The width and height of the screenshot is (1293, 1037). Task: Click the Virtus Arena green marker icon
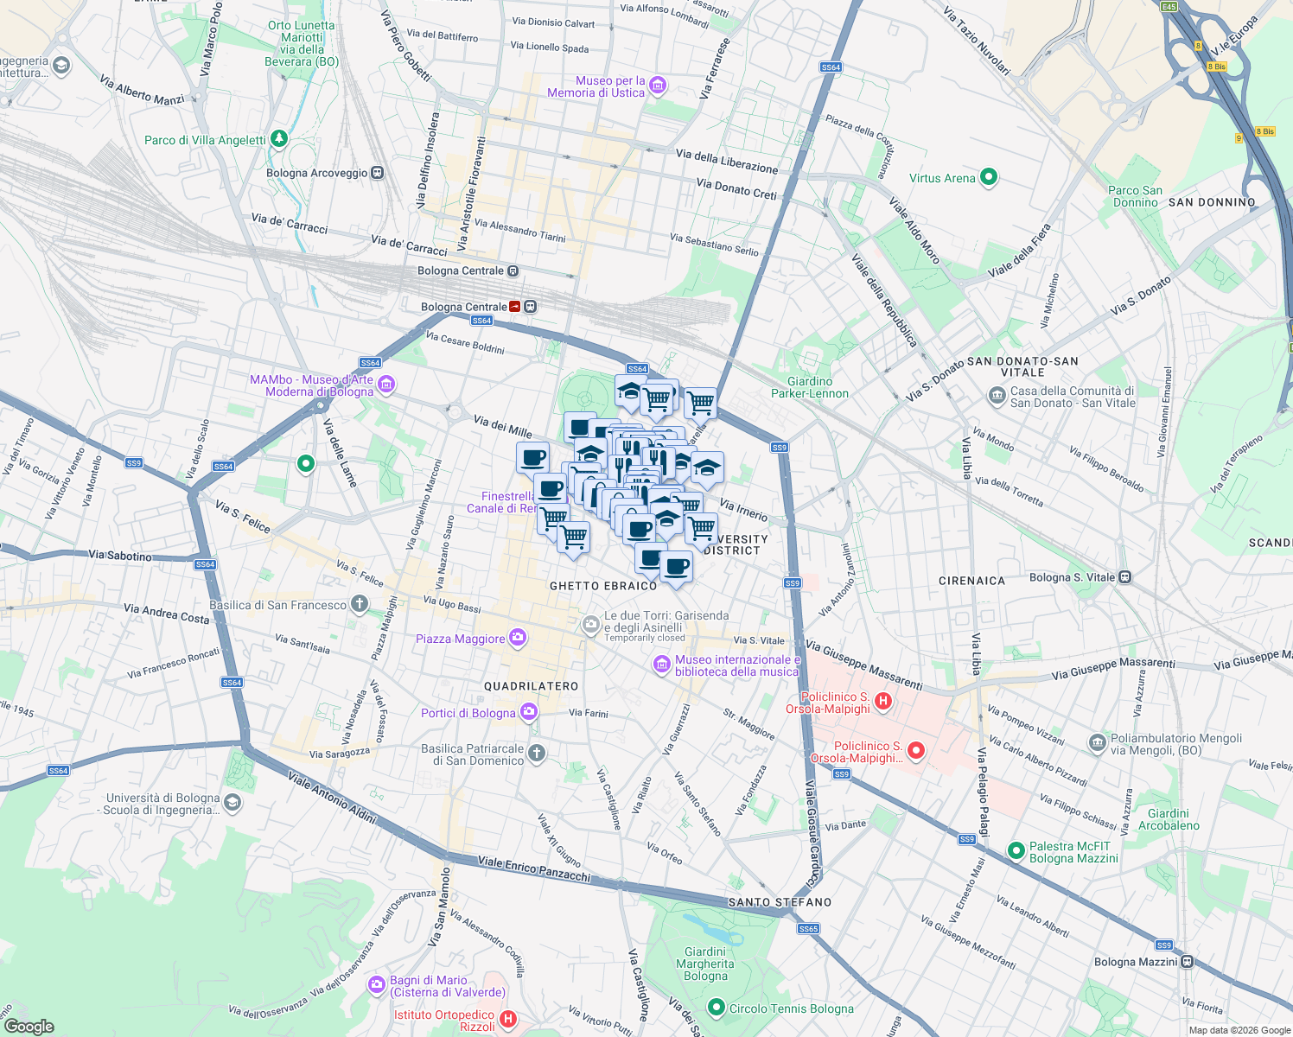pos(989,178)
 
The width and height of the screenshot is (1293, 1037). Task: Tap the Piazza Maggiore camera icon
pos(518,639)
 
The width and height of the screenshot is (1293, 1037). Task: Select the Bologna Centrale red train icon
pos(516,307)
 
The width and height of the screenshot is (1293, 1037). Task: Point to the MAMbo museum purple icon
pos(386,384)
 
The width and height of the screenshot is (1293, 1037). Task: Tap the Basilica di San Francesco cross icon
pos(360,604)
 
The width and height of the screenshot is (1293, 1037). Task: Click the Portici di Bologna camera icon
pos(528,712)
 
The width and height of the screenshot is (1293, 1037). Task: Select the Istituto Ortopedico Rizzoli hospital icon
pos(508,1021)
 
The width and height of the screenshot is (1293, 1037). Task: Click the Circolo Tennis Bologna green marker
pos(716,1008)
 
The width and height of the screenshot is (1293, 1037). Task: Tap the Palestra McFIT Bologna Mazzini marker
pos(1016,851)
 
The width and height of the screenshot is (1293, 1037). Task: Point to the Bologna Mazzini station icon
pos(1188,962)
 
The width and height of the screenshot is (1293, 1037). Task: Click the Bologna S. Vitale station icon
pos(1124,577)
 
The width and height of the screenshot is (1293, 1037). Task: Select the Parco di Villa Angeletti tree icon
pos(278,138)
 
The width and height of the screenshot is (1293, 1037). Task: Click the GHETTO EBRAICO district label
pos(603,586)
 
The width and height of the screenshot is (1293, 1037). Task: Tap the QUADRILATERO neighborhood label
pos(531,686)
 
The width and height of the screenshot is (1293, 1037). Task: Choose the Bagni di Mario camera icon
pos(376,984)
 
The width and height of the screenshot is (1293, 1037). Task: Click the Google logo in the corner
pos(29,1026)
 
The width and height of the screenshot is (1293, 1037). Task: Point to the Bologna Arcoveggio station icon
pos(377,173)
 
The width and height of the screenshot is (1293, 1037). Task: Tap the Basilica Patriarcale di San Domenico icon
pos(537,754)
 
